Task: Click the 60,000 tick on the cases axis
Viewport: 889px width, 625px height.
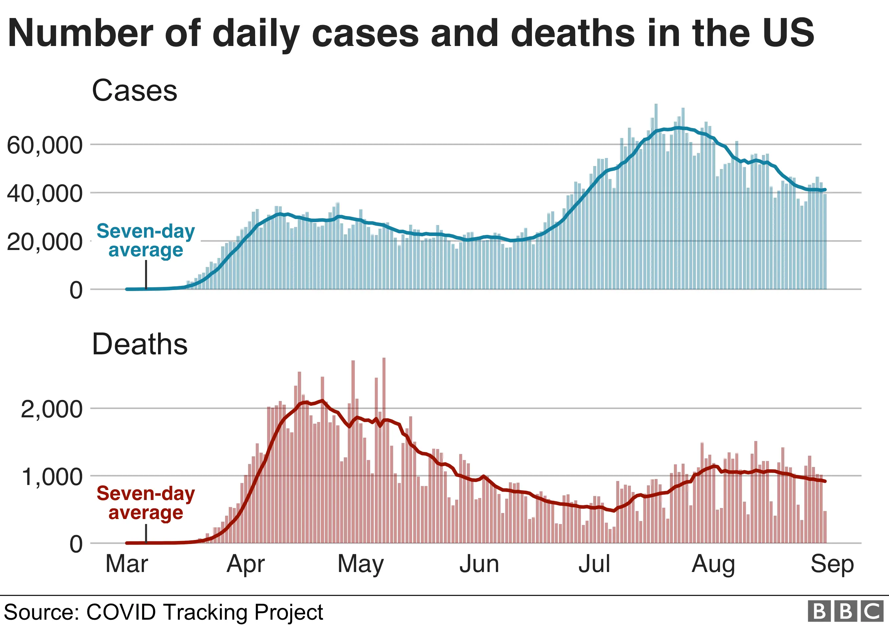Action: pos(45,146)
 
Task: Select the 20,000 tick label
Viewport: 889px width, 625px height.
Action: pos(45,242)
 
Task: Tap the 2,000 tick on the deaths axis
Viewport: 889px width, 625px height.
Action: pos(51,409)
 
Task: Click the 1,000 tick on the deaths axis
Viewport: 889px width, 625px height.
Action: pos(51,477)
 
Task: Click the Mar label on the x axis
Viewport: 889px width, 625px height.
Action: pos(127,564)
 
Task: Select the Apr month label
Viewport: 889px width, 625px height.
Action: pos(245,565)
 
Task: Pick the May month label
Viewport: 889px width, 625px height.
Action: pos(360,565)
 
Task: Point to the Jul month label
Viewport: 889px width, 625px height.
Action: pos(594,564)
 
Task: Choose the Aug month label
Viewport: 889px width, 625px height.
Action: pos(713,565)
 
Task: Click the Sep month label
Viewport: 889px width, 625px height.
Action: pos(832,565)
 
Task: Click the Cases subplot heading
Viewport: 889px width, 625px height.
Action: pos(134,91)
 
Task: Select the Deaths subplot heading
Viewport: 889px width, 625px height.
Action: pos(140,344)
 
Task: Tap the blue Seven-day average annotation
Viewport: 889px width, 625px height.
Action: pos(146,240)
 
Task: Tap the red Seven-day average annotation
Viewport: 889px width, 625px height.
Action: pos(146,503)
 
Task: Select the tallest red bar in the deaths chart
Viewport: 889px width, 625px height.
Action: pos(384,449)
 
